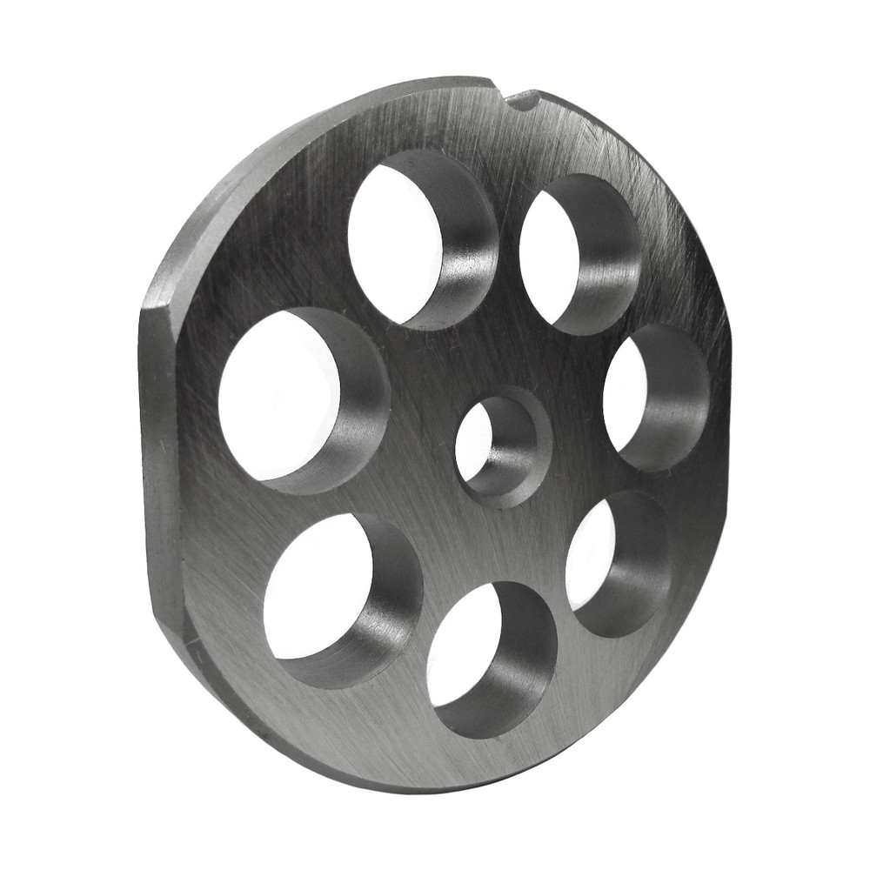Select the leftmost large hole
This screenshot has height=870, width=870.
click(x=283, y=396)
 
